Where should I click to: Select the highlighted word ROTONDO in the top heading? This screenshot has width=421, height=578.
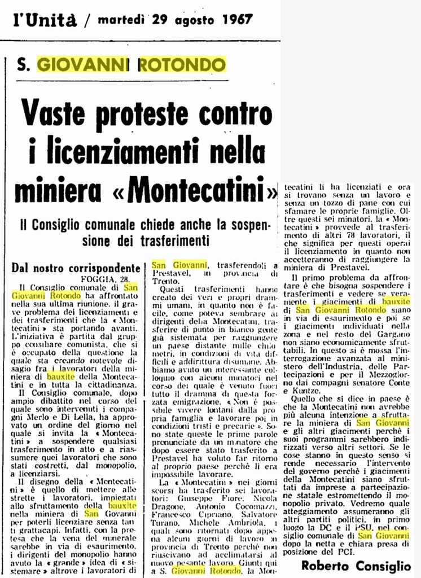click(182, 64)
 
